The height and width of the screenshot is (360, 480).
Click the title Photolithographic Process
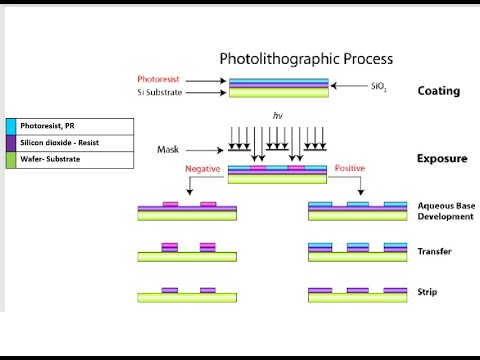pyautogui.click(x=305, y=59)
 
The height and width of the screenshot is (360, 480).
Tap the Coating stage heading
pyautogui.click(x=438, y=91)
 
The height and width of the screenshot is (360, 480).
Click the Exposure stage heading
pyautogui.click(x=441, y=158)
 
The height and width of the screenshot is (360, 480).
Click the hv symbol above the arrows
pyautogui.click(x=278, y=116)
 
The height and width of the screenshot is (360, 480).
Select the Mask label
pyautogui.click(x=168, y=150)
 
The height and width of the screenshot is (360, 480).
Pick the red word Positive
pyautogui.click(x=349, y=169)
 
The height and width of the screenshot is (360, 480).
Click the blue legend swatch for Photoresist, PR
pyautogui.click(x=10, y=127)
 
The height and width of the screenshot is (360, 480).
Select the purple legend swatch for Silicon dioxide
pyautogui.click(x=10, y=143)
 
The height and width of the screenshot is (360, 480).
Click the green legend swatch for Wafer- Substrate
pyautogui.click(x=10, y=159)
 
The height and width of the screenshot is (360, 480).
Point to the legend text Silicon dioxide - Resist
pyautogui.click(x=59, y=143)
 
